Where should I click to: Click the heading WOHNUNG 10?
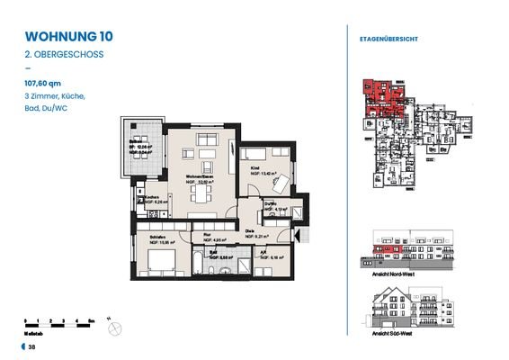[68, 37]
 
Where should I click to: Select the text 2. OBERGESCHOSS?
[64, 54]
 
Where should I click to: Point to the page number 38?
[31, 346]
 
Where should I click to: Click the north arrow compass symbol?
[113, 329]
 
